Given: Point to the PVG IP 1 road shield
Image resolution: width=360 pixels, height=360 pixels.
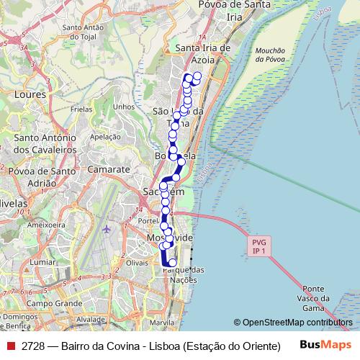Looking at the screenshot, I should [x=258, y=247].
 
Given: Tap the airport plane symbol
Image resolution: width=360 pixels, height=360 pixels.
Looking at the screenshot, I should [x=107, y=230].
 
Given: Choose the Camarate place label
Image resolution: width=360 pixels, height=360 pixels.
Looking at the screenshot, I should [x=108, y=169].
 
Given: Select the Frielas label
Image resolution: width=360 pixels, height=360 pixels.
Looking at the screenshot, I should [x=83, y=109].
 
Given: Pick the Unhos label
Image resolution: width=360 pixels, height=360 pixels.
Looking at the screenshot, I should [x=124, y=107].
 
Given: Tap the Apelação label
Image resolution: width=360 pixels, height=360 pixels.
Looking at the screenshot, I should [x=105, y=136].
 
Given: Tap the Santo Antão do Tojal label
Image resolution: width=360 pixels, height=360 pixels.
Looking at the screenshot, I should [x=91, y=32].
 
